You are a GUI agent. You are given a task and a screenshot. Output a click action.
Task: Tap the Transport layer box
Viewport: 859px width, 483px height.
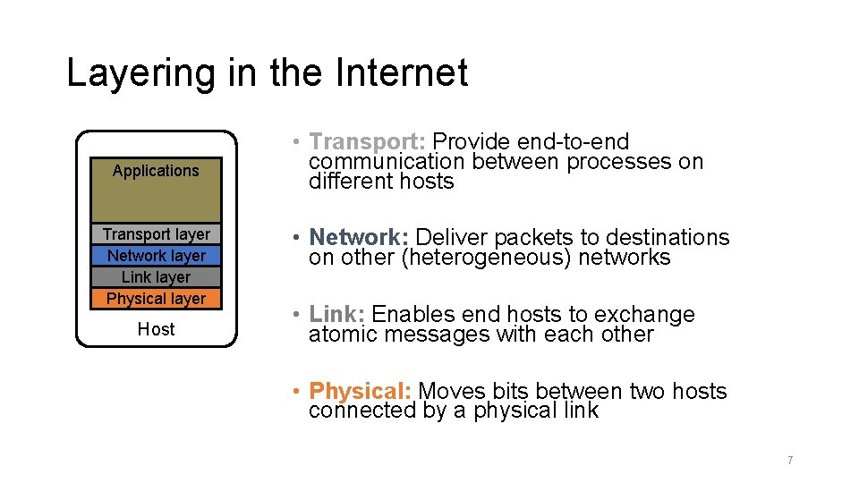pyautogui.click(x=156, y=234)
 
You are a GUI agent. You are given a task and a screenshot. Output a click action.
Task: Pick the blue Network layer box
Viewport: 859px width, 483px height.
pyautogui.click(x=156, y=256)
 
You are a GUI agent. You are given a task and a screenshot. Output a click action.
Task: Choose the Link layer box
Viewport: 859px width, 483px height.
pyautogui.click(x=156, y=277)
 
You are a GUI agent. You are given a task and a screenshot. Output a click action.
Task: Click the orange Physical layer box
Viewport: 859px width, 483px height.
pyautogui.click(x=156, y=299)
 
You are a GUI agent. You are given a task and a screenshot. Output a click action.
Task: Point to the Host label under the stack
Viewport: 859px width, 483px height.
pyautogui.click(x=156, y=329)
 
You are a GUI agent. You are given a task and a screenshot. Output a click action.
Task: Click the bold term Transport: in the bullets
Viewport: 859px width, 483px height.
pyautogui.click(x=367, y=142)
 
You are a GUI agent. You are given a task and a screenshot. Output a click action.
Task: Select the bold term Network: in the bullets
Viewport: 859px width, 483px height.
pyautogui.click(x=359, y=238)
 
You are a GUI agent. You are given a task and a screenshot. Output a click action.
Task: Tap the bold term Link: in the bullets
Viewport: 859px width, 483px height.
pyautogui.click(x=336, y=315)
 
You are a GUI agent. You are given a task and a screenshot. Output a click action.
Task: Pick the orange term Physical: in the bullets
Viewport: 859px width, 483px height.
pyautogui.click(x=360, y=392)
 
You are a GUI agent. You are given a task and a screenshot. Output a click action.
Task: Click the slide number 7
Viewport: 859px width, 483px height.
pyautogui.click(x=789, y=461)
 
